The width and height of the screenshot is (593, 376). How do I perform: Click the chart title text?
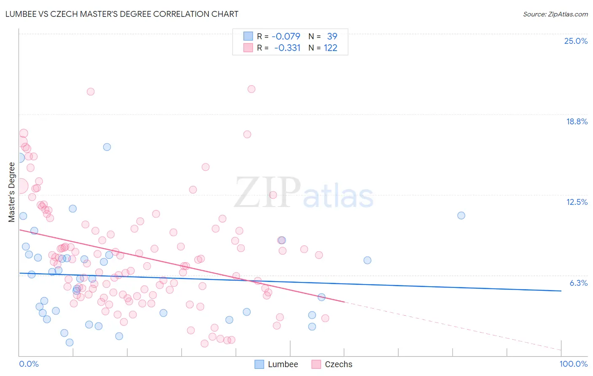(121, 14)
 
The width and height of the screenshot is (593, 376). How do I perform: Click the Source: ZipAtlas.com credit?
(555, 14)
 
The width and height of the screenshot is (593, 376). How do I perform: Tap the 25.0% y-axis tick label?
(576, 41)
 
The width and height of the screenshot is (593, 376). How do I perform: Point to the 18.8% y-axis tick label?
(577, 121)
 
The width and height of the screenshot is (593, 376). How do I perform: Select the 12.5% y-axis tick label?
(577, 202)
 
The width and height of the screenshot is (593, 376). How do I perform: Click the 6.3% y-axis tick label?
(578, 283)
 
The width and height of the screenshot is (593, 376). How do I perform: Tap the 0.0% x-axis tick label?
(29, 364)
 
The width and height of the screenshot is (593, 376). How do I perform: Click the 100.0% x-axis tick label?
(573, 364)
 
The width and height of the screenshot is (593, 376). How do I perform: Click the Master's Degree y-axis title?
(12, 192)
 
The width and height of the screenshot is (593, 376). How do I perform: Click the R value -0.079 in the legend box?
(286, 36)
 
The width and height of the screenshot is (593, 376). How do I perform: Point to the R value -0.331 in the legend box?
(287, 48)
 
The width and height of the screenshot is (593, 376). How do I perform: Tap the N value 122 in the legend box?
(331, 48)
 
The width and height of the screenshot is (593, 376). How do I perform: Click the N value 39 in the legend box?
(332, 36)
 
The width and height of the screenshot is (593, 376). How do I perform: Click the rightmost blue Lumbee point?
(461, 215)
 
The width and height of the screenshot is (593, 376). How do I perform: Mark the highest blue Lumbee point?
(107, 147)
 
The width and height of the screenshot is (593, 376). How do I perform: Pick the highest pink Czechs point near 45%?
(251, 89)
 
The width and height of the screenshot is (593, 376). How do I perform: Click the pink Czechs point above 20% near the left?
(91, 91)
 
